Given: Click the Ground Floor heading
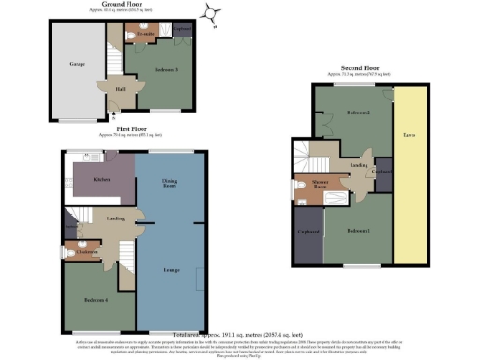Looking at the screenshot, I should [127, 4].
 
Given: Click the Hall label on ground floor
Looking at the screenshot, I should [121, 89].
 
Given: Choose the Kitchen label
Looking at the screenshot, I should [103, 178].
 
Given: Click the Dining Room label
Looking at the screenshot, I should [170, 184].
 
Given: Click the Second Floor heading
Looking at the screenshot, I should [361, 69].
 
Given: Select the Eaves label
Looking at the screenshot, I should [411, 135].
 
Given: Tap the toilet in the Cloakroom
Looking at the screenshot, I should [71, 251].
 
